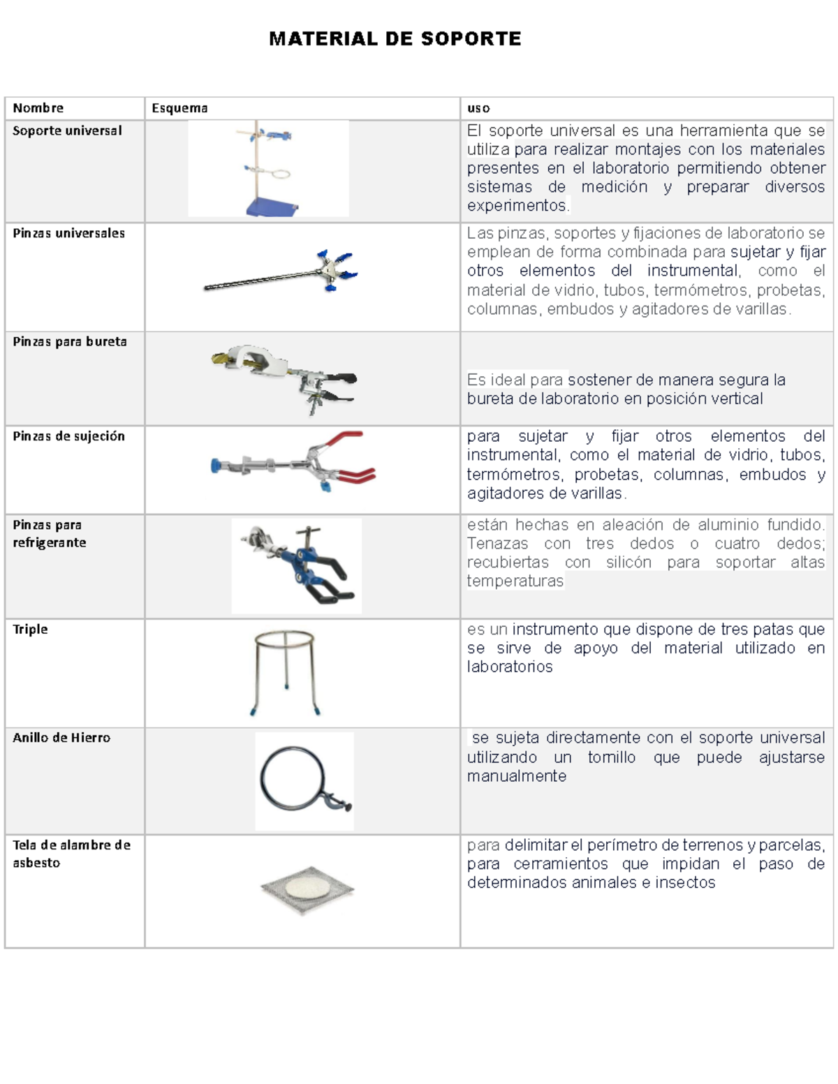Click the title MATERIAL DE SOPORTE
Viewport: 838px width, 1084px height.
pos(395,39)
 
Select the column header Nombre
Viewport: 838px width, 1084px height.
pos(38,108)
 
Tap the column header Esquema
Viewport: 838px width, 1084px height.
pos(179,108)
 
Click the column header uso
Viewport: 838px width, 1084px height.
pos(478,108)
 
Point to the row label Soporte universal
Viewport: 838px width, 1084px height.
pos(67,131)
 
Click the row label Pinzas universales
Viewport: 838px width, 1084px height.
pos(68,233)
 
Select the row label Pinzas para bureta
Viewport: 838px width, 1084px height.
pos(70,341)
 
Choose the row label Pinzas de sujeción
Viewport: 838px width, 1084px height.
pos(68,436)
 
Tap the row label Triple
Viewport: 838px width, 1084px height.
pos(30,629)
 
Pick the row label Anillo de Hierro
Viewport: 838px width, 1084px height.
pos(61,738)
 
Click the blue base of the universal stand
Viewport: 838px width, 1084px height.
pos(272,207)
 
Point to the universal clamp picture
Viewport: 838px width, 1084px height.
pos(279,274)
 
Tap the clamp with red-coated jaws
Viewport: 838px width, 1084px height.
pos(293,461)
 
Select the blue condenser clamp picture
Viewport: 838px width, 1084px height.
pos(297,565)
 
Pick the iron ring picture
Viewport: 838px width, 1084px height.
pos(304,780)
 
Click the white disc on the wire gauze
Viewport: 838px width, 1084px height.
pos(307,888)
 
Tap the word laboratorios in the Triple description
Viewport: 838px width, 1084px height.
pos(510,667)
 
